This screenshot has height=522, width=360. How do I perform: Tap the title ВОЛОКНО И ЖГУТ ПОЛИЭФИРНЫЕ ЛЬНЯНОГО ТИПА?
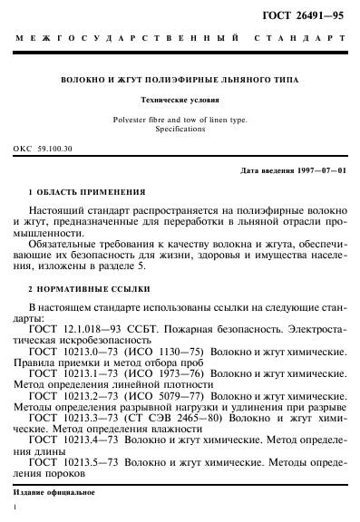point(179,80)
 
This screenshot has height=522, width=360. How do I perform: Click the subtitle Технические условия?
point(179,101)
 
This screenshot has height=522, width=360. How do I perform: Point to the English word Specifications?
point(179,130)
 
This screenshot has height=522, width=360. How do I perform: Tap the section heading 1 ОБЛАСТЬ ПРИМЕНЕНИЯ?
point(87,192)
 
